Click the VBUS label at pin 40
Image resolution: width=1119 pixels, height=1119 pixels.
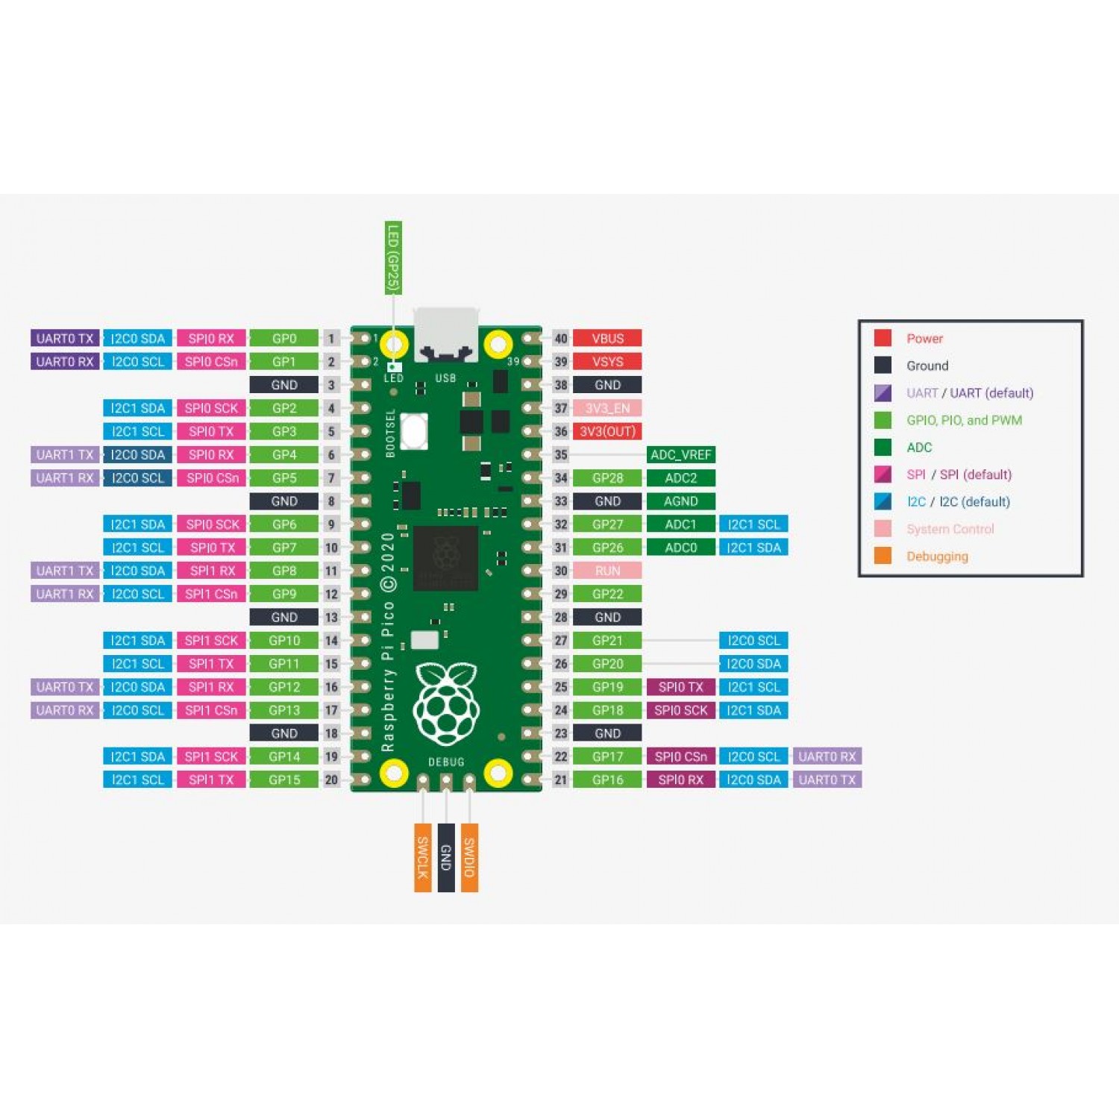coord(607,338)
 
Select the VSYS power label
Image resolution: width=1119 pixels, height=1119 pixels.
coord(607,362)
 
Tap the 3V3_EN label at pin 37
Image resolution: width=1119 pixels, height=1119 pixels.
coord(607,408)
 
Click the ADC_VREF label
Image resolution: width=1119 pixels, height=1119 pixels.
coord(680,454)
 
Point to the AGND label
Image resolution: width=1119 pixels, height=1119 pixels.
coord(680,501)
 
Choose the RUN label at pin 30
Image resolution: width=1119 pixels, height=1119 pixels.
coord(607,571)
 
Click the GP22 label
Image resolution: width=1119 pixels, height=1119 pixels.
coord(607,594)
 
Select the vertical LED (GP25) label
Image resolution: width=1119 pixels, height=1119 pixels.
coord(393,258)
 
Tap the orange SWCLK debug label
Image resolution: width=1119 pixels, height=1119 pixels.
coord(423,858)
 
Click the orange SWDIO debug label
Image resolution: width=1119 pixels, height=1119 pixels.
coord(469,858)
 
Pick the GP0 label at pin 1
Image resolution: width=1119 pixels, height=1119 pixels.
coord(284,338)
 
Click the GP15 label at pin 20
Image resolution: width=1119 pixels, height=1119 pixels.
coord(284,780)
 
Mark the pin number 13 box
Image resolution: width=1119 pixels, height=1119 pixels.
coord(331,617)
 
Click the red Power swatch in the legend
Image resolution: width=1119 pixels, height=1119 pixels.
coord(883,338)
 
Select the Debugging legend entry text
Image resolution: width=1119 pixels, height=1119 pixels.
coord(937,556)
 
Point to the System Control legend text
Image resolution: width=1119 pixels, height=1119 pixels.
coord(950,529)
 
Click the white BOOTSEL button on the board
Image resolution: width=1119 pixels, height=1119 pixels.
coord(414,430)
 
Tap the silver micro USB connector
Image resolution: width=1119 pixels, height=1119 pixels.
coord(446,334)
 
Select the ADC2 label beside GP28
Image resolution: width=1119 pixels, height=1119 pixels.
coord(680,477)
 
